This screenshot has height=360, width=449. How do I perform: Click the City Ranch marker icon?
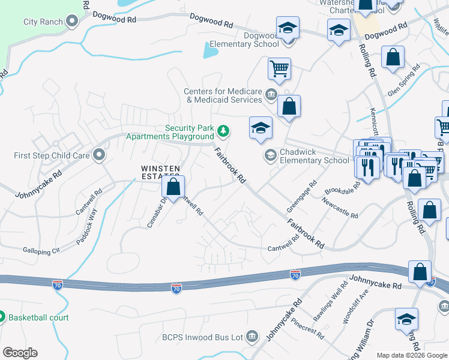pos(73,22)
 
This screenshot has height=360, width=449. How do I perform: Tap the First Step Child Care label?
pos(52,156)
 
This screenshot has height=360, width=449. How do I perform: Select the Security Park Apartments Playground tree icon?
pos(223,130)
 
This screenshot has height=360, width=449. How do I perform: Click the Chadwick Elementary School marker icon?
pos(270,155)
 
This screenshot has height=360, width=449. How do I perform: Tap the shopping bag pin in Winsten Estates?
pos(173,187)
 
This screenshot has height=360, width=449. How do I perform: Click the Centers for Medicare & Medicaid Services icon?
pos(271,94)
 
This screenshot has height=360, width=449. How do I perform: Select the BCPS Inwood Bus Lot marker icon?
pos(252,337)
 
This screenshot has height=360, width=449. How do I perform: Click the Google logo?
pos(20,353)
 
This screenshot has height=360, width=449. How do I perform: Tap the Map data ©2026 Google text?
pos(412,355)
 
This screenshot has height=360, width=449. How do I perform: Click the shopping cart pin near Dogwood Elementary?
pos(279,69)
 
